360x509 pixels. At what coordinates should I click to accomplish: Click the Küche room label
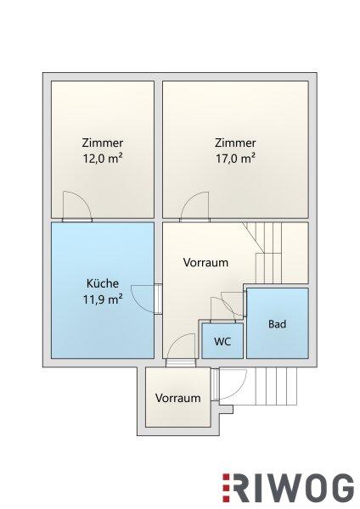[x=103, y=283]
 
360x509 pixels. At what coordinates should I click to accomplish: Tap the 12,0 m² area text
[x=103, y=159]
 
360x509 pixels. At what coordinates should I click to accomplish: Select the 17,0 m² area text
[x=235, y=159]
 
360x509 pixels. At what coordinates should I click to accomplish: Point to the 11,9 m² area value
[x=103, y=299]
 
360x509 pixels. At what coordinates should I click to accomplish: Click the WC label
[x=222, y=341]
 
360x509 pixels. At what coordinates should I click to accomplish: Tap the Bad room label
[x=277, y=324]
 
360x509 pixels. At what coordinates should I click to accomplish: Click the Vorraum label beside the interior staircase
[x=205, y=262]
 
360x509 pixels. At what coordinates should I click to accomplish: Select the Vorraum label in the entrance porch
[x=177, y=398]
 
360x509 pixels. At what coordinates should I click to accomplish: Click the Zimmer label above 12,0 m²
[x=103, y=143]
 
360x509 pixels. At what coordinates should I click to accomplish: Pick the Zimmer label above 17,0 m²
[x=235, y=143]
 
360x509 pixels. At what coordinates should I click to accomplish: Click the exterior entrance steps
[x=276, y=386]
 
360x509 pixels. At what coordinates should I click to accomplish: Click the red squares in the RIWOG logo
[x=226, y=488]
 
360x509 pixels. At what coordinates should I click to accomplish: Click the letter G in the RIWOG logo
[x=341, y=488]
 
